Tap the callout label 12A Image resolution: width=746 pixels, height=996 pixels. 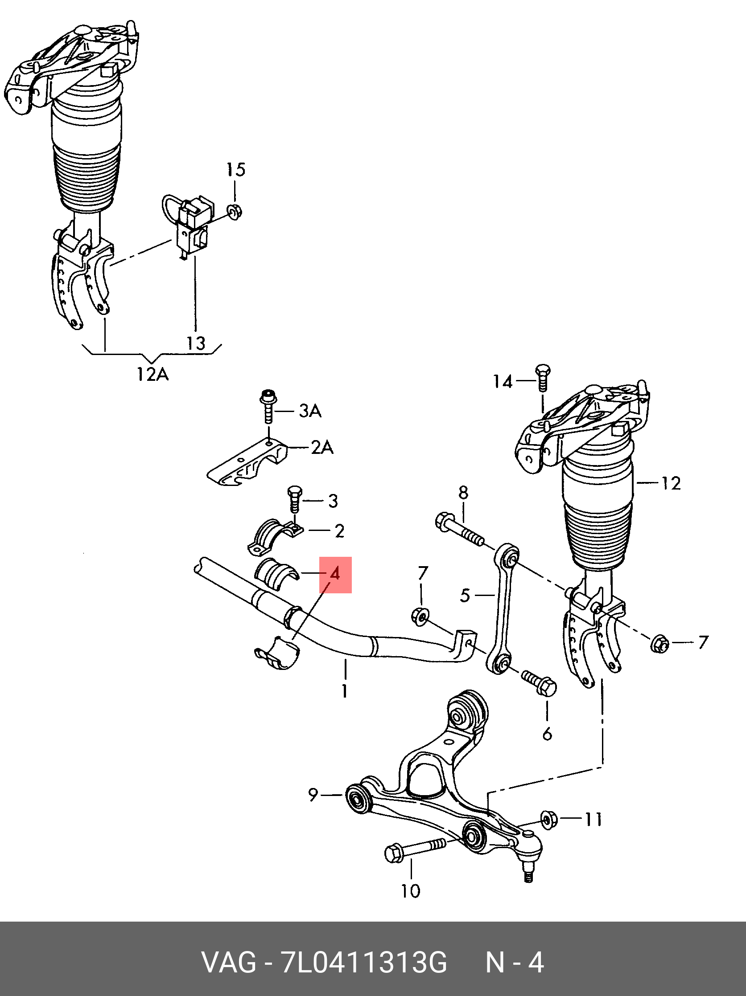(152, 374)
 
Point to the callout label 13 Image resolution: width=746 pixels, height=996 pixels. (196, 343)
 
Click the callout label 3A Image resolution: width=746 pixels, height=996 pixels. (310, 411)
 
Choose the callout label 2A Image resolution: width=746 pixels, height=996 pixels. (322, 448)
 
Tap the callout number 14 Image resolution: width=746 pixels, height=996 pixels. (503, 382)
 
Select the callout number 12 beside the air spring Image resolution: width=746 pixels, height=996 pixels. (671, 484)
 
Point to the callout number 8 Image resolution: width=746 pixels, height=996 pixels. (463, 492)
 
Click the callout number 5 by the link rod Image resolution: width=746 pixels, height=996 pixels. (466, 596)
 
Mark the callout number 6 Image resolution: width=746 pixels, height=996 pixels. (547, 734)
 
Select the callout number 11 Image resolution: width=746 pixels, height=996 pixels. (593, 820)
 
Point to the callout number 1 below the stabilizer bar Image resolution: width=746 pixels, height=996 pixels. (344, 691)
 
